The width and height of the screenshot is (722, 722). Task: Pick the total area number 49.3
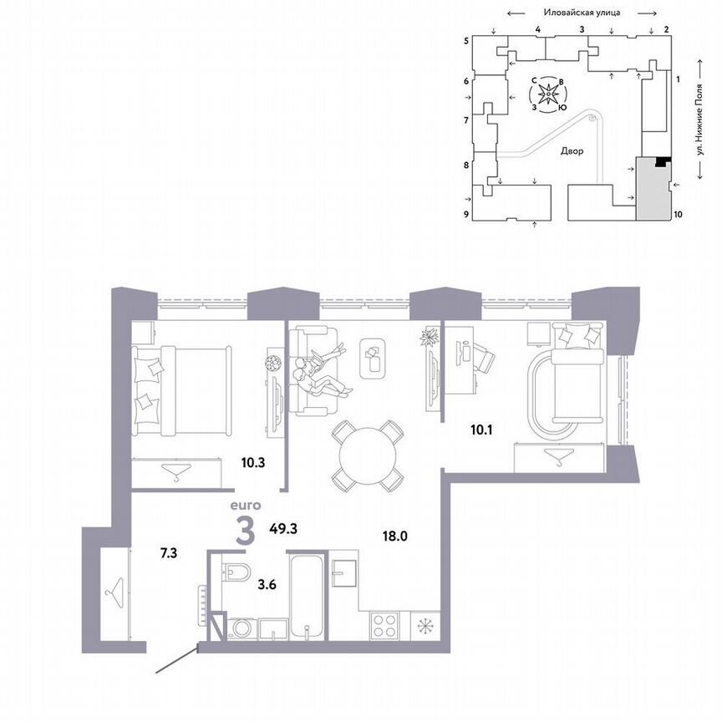tap(284, 528)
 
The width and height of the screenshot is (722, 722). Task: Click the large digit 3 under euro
tap(245, 531)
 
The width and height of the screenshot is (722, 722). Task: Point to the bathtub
tap(308, 593)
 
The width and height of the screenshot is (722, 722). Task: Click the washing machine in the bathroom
tap(242, 628)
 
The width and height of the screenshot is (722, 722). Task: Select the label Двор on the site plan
tap(571, 152)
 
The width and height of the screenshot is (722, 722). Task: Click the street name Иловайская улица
tap(580, 13)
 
